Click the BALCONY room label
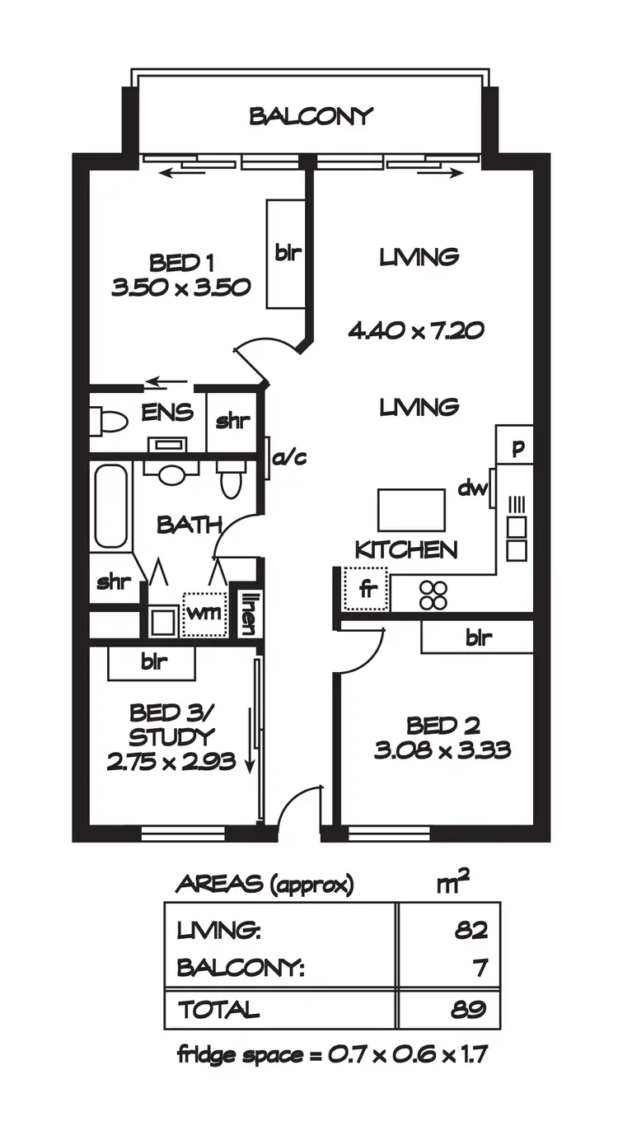311,116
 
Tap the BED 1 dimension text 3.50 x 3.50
180,287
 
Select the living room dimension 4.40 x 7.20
415,331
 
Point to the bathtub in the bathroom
110,507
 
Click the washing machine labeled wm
204,614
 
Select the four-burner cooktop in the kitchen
433,595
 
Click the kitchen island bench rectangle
411,511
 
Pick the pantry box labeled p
517,448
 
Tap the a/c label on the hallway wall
289,458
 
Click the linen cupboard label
247,614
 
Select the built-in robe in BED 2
478,638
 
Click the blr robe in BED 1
287,254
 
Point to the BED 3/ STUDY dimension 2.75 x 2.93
171,761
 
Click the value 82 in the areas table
471,931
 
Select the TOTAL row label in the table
218,1009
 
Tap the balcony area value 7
480,968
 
